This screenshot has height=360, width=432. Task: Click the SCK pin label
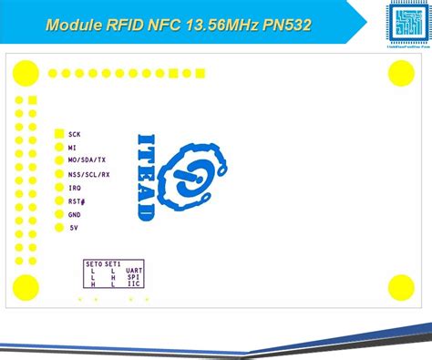click(x=75, y=134)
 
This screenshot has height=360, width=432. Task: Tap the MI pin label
click(x=72, y=147)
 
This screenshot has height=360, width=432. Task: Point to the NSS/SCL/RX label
click(x=88, y=173)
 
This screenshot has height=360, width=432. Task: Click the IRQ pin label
click(x=75, y=187)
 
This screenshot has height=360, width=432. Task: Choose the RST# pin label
click(x=77, y=201)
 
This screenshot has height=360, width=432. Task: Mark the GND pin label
click(x=75, y=214)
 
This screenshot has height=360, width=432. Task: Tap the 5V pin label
click(x=73, y=228)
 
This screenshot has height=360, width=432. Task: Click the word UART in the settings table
click(x=134, y=271)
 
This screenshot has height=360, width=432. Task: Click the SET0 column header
click(x=93, y=263)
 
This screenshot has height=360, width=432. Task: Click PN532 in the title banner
click(x=283, y=25)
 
